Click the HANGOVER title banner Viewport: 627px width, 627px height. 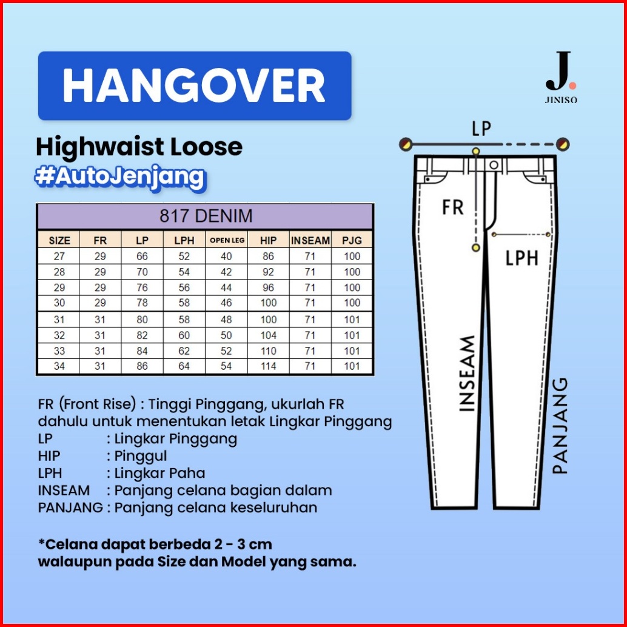194,85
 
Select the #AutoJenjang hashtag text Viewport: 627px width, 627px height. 119,176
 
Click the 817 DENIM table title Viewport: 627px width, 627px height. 206,216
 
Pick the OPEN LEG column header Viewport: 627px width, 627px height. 227,240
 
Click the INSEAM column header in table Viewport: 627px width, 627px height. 310,240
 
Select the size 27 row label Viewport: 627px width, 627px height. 59,256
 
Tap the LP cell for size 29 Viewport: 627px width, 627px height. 142,287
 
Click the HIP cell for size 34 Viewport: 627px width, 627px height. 268,366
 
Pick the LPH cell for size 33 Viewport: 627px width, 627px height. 184,351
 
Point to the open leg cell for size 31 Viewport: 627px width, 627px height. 227,320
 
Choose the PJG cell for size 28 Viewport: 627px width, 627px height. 352,272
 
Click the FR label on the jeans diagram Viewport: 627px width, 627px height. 452,207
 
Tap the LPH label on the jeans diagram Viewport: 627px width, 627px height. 522,258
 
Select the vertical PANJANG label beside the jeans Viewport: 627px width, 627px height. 561,426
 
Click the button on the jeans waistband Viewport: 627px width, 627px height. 494,165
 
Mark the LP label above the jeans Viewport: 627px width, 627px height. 481,129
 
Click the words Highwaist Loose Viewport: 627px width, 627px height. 139,147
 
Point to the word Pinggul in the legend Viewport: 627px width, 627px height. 136,455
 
